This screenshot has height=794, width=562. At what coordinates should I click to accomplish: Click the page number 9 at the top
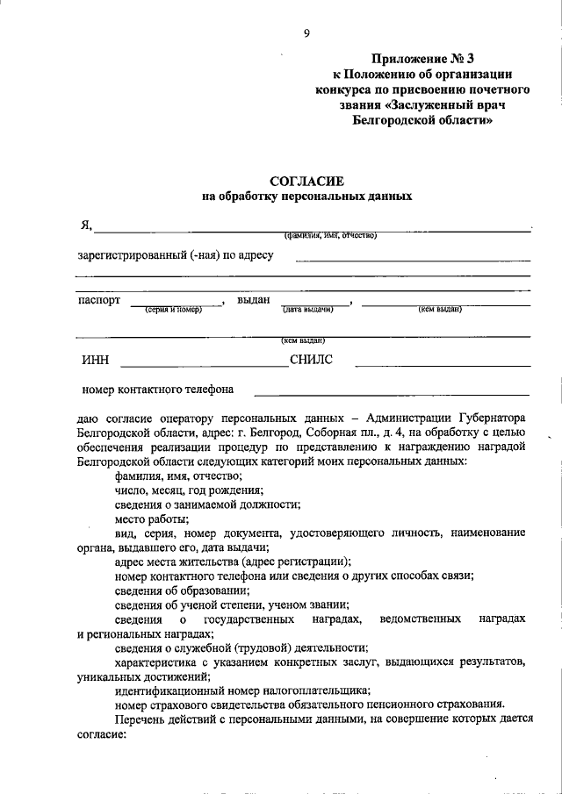tap(306, 33)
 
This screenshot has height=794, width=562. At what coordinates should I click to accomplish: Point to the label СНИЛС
tap(311, 359)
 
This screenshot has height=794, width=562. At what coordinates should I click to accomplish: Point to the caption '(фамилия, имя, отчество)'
tap(329, 235)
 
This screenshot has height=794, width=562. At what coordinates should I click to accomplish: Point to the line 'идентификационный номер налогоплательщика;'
tap(242, 690)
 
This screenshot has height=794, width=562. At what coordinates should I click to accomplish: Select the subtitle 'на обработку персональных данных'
tap(306, 197)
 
